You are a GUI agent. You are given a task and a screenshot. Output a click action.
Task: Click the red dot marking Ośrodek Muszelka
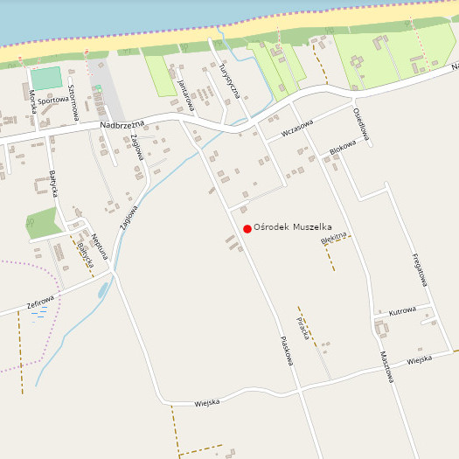(x=247, y=229)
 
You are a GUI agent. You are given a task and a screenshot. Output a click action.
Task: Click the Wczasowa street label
(x=296, y=129)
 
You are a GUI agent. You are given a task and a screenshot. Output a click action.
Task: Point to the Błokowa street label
(x=343, y=150)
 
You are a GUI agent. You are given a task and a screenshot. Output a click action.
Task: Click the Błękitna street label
(x=334, y=237)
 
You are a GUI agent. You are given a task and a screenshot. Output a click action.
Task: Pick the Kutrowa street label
(x=401, y=310)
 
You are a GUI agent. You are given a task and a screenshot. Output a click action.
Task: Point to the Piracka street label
(x=303, y=329)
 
